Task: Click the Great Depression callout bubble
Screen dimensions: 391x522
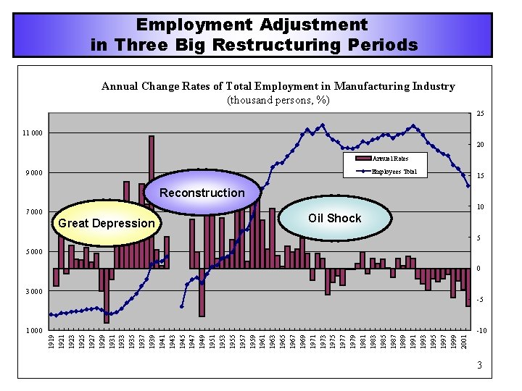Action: pos(106,223)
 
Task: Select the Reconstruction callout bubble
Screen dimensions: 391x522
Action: pos(202,193)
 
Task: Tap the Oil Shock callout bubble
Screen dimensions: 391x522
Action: pos(334,218)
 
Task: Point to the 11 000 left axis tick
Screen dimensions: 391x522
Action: pos(32,133)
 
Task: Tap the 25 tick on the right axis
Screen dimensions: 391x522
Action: pos(480,114)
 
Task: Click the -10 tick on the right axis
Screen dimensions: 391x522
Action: pos(481,331)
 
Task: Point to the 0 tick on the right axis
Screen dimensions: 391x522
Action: pos(479,269)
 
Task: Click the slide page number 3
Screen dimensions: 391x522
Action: pos(479,366)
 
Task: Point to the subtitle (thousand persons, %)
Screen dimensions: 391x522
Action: pos(278,99)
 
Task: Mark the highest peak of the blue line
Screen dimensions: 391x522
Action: pos(323,124)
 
